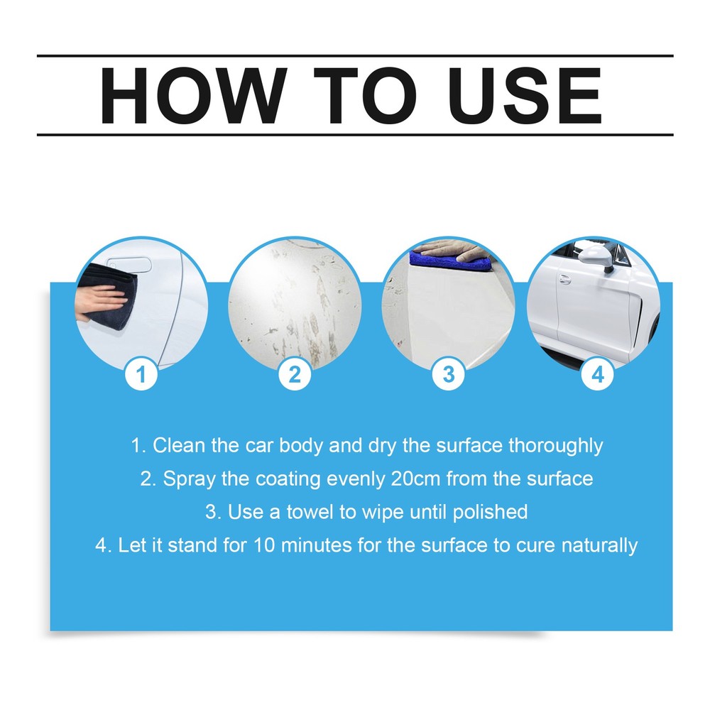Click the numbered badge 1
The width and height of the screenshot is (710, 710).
pos(141,373)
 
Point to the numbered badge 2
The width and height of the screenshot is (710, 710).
pos(295,373)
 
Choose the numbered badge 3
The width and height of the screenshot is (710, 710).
pos(448,373)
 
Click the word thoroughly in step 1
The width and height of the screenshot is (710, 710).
pos(555,447)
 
